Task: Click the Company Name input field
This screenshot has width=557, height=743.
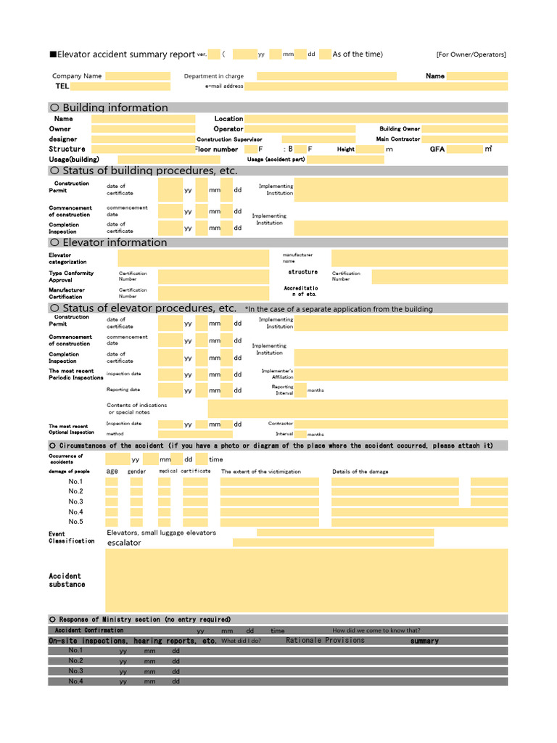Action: coord(138,76)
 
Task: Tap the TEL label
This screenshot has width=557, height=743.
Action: coord(62,86)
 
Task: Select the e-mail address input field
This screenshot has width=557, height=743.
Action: coord(376,86)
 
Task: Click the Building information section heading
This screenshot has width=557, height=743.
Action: coord(115,107)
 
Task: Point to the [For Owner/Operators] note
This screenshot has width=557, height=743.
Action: coord(471,54)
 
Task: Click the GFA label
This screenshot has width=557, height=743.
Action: coord(437,149)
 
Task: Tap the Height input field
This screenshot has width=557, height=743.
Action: coord(370,149)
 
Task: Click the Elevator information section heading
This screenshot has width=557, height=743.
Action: coord(114,242)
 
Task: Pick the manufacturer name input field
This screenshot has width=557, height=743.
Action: coord(419,258)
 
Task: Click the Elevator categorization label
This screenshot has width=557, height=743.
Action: coord(67,258)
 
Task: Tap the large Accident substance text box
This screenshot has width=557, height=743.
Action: coord(306,580)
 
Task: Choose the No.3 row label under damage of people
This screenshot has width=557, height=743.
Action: coord(75,501)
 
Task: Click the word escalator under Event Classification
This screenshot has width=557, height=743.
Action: coord(124,543)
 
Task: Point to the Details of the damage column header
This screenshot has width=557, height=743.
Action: coord(360,472)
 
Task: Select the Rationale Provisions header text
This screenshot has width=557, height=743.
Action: coord(325,641)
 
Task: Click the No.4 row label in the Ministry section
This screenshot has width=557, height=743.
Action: coord(75,681)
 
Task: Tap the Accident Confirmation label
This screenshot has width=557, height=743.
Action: coord(89,631)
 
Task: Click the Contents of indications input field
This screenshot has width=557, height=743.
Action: coord(358,409)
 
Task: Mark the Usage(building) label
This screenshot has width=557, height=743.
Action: coord(74,159)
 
